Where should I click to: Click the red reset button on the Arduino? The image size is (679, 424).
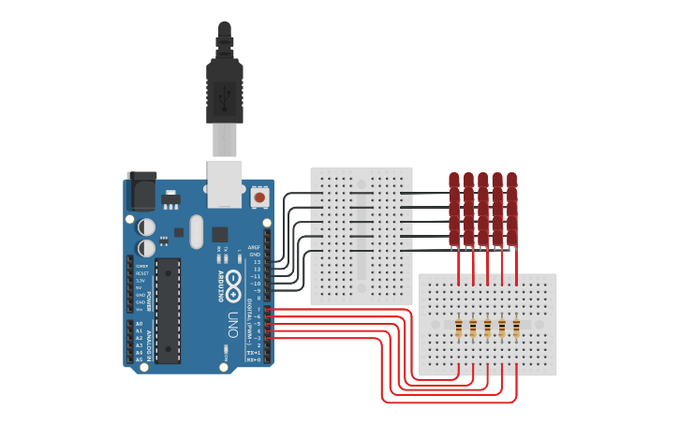[x=258, y=197]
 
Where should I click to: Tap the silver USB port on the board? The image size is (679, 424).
[x=225, y=183]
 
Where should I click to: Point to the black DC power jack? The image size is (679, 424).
[x=141, y=191]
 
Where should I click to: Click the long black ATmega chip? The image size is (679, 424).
[x=168, y=310]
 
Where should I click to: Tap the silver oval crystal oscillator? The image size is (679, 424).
[x=196, y=231]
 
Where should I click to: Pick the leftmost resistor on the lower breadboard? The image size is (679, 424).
[x=458, y=327]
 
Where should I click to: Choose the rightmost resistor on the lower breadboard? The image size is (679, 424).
[x=516, y=327]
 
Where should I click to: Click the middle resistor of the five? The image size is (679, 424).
[x=487, y=327]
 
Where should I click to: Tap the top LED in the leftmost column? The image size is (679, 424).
[x=454, y=180]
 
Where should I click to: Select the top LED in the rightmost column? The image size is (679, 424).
[x=511, y=180]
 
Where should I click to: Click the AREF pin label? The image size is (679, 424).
[x=254, y=247]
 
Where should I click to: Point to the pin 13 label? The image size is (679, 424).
[x=257, y=262]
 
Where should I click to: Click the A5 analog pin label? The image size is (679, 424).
[x=139, y=359]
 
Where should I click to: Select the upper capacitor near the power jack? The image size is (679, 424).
[x=147, y=227]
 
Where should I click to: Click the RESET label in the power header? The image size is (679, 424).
[x=140, y=273]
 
